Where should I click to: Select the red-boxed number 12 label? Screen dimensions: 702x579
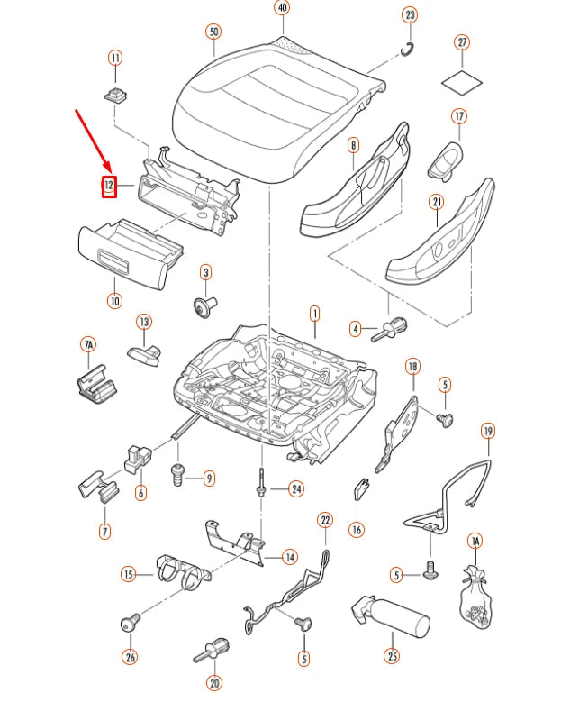coord(109,187)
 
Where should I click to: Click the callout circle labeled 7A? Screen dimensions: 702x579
coord(88,344)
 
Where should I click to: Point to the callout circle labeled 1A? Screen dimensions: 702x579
coord(475,541)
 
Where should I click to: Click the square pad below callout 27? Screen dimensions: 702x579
coord(462,80)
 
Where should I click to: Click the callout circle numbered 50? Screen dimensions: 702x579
coord(213,32)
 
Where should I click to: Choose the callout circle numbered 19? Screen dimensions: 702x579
coord(487,431)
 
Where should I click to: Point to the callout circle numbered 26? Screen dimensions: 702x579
coord(131,658)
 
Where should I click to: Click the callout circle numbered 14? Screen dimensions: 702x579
coord(289,557)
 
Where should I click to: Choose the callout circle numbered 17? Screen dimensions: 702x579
coord(459,116)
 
